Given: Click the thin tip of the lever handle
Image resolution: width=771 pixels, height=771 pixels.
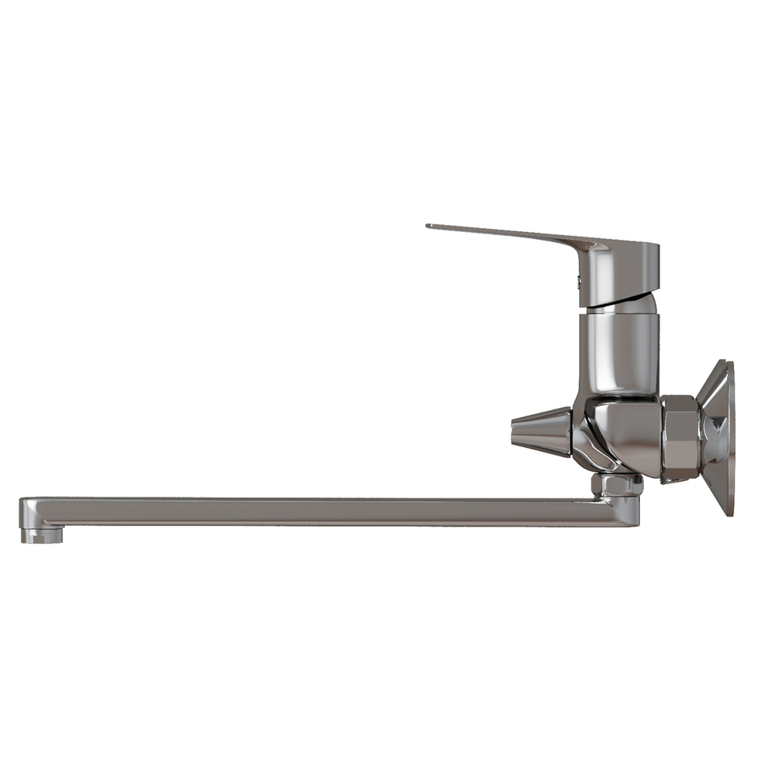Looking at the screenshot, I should pyautogui.click(x=430, y=226).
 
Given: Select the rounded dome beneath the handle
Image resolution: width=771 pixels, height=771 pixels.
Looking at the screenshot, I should pyautogui.click(x=621, y=305).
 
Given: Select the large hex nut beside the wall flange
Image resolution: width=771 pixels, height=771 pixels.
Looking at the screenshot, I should pyautogui.click(x=679, y=439).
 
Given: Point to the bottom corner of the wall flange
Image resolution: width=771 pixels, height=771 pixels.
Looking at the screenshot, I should pyautogui.click(x=727, y=513).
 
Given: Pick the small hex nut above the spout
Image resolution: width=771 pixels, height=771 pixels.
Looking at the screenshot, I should pyautogui.click(x=617, y=485).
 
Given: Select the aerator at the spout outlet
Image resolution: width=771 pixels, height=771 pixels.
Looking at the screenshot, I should pyautogui.click(x=42, y=534).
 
